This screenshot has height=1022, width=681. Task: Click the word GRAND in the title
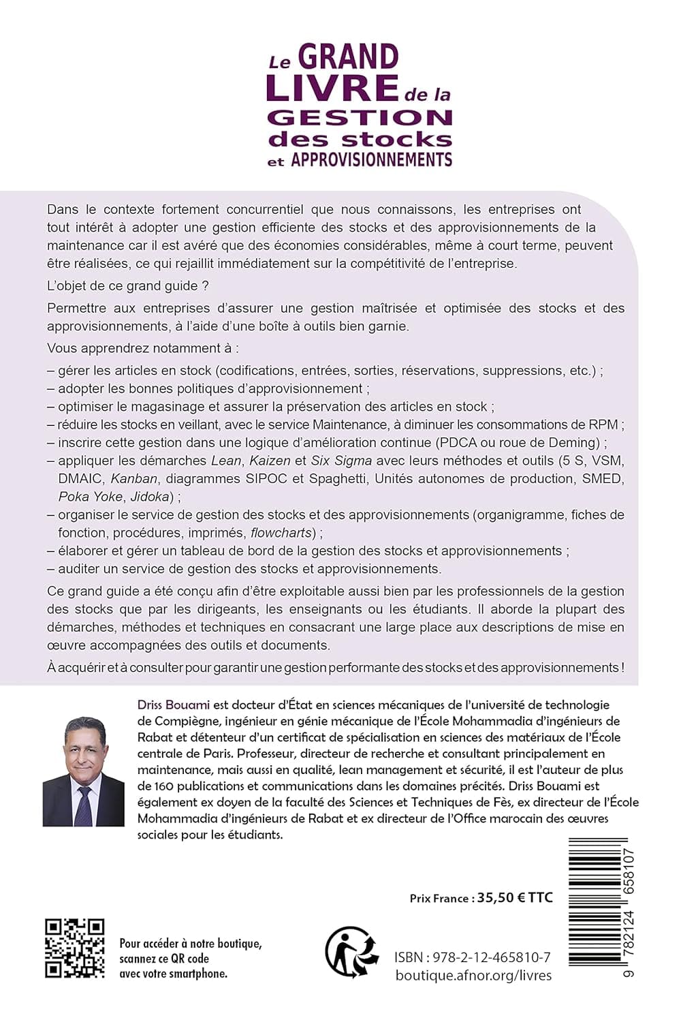click(348, 57)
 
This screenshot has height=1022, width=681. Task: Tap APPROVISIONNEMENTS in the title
click(372, 160)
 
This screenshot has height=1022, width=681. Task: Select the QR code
click(75, 948)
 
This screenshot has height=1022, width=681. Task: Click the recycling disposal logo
click(351, 951)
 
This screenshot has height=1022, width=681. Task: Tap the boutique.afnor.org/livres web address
click(473, 976)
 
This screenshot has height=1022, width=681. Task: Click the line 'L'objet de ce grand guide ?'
click(122, 285)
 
